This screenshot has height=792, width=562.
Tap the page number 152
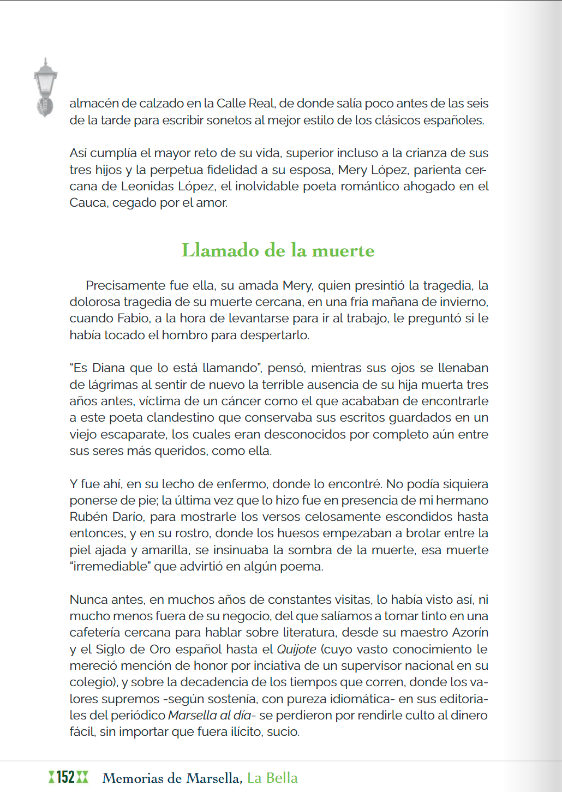point(65,777)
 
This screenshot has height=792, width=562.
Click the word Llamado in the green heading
point(220,250)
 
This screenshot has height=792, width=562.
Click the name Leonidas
point(147,186)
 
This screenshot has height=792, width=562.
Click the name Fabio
point(133,318)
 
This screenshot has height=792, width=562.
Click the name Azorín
point(470,632)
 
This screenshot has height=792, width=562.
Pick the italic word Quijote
point(296,649)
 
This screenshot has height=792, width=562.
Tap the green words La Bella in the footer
point(272,778)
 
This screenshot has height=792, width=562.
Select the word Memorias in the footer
point(134,778)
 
